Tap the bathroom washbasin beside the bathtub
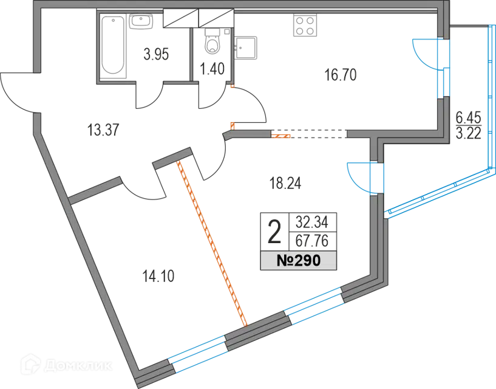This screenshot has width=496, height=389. click(x=141, y=21)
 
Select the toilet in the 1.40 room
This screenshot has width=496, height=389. click(x=212, y=41)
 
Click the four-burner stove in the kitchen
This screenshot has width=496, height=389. click(x=305, y=25)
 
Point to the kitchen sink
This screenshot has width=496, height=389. click(x=246, y=48)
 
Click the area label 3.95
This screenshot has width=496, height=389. click(x=156, y=54)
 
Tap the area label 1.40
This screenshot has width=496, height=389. click(x=212, y=69)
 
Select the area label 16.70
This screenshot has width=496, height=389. click(x=341, y=75)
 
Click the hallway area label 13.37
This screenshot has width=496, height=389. click(x=103, y=130)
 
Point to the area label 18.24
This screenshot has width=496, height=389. click(x=285, y=183)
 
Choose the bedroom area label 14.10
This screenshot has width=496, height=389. click(x=158, y=276)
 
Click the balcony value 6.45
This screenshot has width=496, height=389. click(x=468, y=117)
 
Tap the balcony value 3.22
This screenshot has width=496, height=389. click(x=469, y=133)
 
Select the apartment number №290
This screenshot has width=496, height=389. click(x=299, y=261)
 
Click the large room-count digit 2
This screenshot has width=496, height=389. click(x=274, y=232)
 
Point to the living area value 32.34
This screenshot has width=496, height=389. click(x=312, y=222)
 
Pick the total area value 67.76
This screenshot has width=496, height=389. click(x=312, y=241)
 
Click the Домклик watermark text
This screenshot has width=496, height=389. click(x=78, y=366)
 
